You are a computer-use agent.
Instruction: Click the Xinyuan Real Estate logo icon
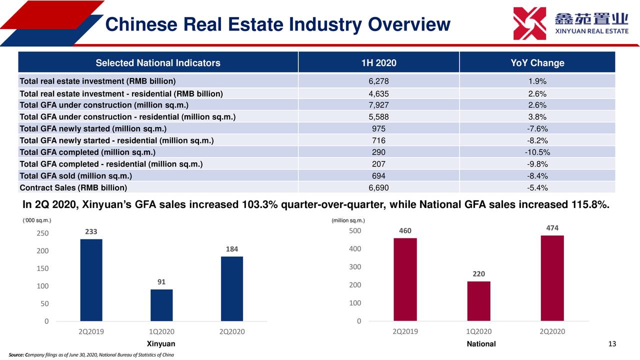(x=529, y=23)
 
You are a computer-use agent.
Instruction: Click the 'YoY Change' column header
(x=537, y=63)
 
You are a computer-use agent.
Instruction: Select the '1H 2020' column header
(x=378, y=63)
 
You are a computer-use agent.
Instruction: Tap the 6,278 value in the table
(x=378, y=81)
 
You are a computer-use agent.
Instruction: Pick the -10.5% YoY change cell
(x=537, y=152)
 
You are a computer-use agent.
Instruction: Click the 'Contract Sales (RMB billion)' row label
(x=73, y=187)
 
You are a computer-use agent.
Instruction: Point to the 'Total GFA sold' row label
(x=75, y=175)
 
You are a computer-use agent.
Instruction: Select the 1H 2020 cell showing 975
(x=378, y=128)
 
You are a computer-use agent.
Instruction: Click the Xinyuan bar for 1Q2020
(x=161, y=305)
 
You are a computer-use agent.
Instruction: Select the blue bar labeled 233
(x=91, y=280)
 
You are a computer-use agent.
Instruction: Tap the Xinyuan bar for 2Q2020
(x=232, y=288)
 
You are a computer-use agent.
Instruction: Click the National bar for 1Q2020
(x=478, y=301)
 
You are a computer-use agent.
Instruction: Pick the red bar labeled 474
(x=552, y=278)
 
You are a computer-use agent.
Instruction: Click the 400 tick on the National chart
(x=354, y=249)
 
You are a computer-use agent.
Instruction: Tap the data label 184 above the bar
(x=232, y=249)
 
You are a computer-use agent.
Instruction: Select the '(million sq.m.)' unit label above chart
(x=348, y=220)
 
